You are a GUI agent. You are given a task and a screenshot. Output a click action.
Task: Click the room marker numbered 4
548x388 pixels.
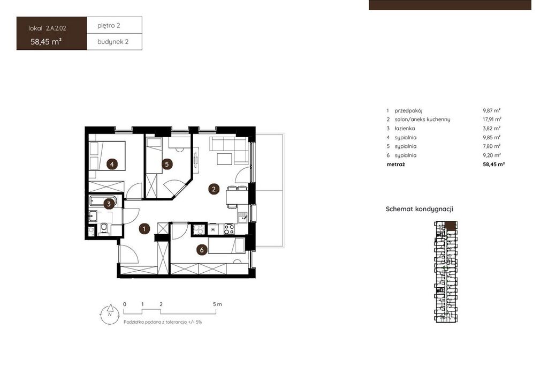112,164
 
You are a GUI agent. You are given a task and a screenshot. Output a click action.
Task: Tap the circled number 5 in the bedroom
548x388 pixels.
167,164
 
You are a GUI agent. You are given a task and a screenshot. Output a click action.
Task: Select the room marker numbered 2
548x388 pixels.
214,189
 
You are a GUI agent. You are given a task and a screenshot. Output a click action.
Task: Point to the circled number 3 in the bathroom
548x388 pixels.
109,204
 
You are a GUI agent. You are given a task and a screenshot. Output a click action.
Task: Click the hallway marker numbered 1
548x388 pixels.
144,229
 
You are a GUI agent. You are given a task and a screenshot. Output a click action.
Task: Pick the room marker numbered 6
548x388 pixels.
202,250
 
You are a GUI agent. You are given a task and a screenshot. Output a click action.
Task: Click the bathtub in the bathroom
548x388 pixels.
103,201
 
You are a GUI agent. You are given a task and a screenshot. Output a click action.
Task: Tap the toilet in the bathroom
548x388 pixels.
104,228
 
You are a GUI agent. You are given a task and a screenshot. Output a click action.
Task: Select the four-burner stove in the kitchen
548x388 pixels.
229,229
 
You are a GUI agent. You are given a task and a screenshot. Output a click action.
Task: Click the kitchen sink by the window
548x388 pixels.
243,217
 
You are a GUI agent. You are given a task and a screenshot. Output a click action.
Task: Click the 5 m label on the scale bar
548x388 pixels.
217,304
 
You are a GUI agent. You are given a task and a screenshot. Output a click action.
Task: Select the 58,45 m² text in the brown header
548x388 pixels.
46,42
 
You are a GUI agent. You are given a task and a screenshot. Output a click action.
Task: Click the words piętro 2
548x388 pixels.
109,26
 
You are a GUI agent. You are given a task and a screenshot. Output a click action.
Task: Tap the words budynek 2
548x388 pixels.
113,42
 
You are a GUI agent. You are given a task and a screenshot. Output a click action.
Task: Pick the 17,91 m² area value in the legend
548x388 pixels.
492,120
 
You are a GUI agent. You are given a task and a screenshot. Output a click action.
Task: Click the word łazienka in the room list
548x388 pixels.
405,129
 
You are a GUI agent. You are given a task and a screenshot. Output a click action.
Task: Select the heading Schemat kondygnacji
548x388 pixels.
420,209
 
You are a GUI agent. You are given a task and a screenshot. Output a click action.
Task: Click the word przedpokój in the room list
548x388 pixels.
408,110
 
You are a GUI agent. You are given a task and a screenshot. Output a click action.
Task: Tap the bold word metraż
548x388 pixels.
395,164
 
